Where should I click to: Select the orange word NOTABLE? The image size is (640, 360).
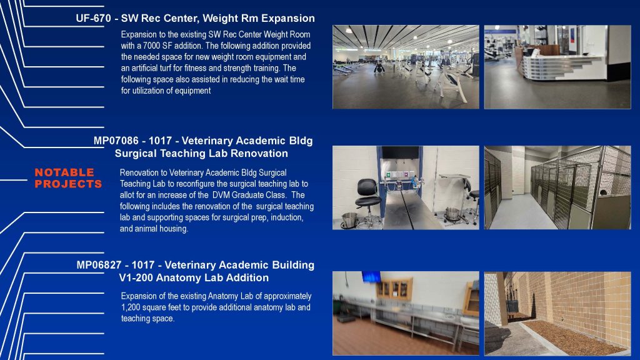[64, 172]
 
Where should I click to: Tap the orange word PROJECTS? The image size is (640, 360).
[68, 184]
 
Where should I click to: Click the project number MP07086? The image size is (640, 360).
[116, 141]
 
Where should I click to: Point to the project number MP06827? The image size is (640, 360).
[99, 265]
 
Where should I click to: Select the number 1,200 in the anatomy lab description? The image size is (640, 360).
[130, 307]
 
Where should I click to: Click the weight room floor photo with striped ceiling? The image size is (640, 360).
[406, 67]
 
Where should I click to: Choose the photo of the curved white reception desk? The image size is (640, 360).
[557, 67]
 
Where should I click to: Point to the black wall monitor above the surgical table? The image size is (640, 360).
[400, 153]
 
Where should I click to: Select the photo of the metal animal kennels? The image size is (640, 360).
[557, 187]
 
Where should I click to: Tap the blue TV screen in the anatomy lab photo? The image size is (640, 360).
[371, 277]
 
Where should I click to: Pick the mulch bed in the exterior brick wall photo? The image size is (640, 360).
[576, 337]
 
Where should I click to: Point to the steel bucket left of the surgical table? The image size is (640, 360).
[349, 220]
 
